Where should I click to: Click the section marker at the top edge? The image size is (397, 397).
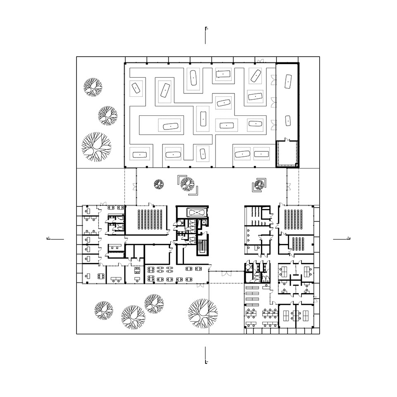[x=206, y=35]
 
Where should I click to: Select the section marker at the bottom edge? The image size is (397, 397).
[x=206, y=356]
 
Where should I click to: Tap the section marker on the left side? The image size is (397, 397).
[x=56, y=239]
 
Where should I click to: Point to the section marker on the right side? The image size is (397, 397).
[x=341, y=239]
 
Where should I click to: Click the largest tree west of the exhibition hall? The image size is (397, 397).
[x=96, y=146]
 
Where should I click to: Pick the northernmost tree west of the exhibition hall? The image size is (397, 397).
[x=93, y=87]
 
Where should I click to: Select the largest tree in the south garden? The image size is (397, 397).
[x=202, y=313]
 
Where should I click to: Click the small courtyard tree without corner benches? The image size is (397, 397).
[x=158, y=184]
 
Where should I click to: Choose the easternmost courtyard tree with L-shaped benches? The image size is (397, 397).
[x=259, y=184]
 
